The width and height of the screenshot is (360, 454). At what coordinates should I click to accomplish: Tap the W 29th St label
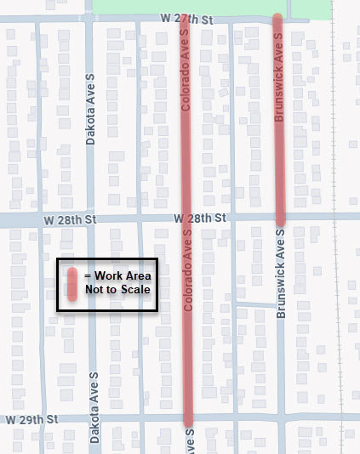click(x=31, y=419)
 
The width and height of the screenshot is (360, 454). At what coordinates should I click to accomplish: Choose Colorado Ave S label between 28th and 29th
click(x=187, y=281)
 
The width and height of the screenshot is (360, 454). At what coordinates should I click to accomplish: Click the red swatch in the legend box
click(x=74, y=283)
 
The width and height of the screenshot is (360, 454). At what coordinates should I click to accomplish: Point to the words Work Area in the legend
click(x=123, y=275)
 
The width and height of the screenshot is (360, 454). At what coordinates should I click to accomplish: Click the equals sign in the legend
click(x=89, y=275)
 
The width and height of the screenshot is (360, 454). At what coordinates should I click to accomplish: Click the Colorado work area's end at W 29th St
click(x=188, y=419)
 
